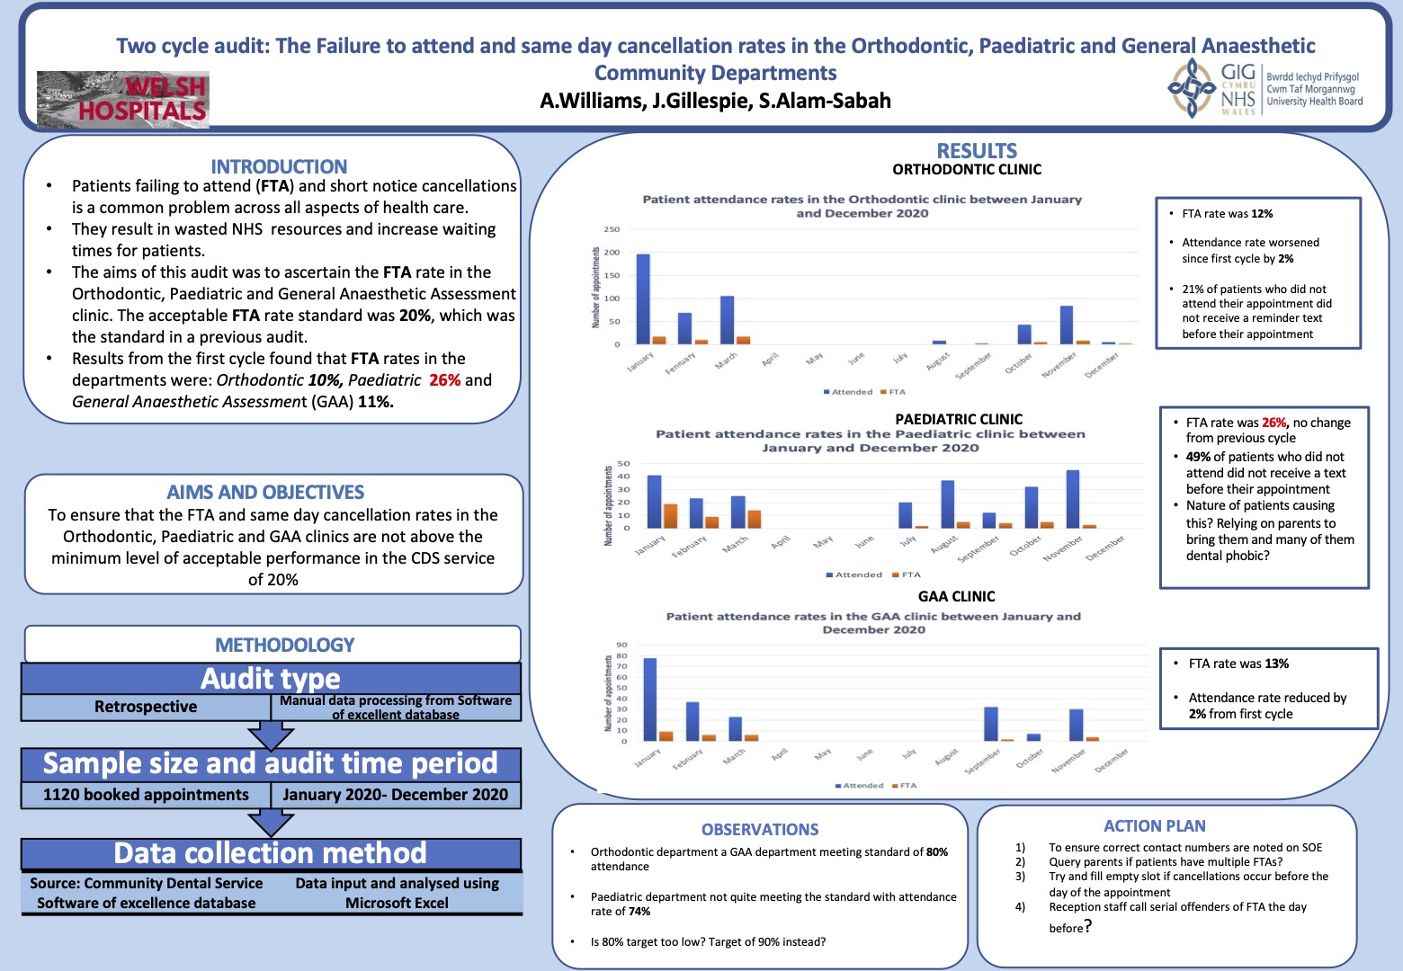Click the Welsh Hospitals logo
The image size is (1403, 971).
pos(123,99)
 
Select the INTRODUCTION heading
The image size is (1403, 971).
pos(279,166)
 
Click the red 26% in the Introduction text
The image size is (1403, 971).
pos(444,380)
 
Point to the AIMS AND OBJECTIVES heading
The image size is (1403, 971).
pos(265,492)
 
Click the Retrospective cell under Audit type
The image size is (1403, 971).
pos(146,707)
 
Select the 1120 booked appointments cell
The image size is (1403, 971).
pos(146,795)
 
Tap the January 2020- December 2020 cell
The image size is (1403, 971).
pos(395,795)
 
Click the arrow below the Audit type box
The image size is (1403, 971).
pos(270,735)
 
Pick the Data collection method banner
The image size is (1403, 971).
pos(270,852)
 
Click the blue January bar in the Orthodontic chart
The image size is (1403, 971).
pos(643,299)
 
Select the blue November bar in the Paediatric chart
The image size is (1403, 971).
pos(1072,499)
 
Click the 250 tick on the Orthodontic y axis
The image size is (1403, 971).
pos(612,229)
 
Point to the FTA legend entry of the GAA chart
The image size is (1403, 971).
pos(904,786)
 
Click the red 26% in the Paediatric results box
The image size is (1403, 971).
pos(1273,423)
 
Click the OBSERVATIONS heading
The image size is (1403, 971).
pos(760,829)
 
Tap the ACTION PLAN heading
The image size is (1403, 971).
pos(1155,825)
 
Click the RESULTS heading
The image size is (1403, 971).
pos(977,151)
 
